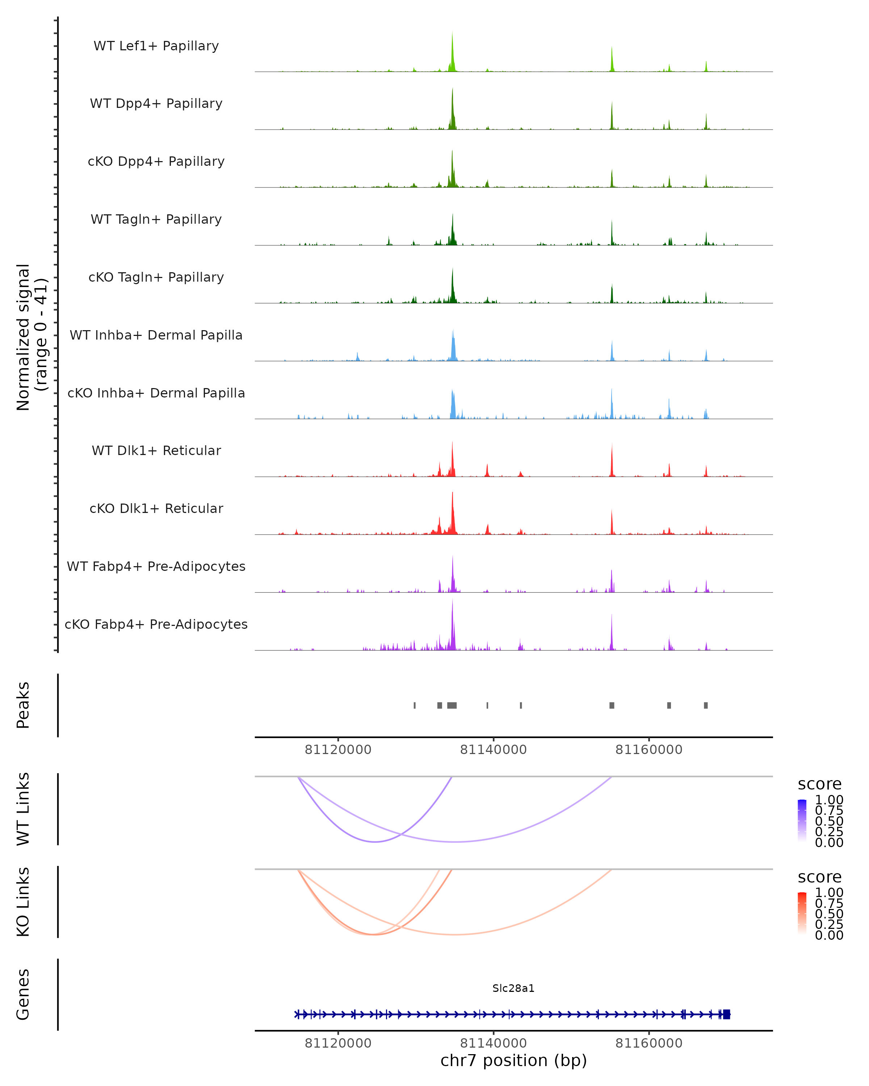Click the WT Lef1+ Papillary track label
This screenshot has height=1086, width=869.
(x=156, y=46)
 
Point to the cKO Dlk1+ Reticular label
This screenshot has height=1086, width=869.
(x=156, y=508)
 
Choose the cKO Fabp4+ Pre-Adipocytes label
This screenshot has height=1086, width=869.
(x=156, y=624)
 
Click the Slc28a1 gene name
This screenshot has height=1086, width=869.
(x=513, y=988)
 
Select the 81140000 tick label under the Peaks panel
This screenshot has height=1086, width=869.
(x=493, y=750)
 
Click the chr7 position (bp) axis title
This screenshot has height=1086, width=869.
(x=513, y=1060)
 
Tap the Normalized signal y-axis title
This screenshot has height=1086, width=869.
(x=31, y=337)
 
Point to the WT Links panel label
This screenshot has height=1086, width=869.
(x=23, y=809)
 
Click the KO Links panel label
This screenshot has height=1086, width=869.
(x=23, y=902)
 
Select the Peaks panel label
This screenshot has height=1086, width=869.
(x=23, y=705)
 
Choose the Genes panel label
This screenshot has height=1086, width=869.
(x=23, y=994)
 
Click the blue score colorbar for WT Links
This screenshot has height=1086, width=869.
(x=802, y=820)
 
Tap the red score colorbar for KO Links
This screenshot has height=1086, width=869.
(x=802, y=913)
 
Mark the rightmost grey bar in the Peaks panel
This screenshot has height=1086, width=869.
(x=706, y=705)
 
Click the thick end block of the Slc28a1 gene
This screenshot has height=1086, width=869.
(x=726, y=1014)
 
